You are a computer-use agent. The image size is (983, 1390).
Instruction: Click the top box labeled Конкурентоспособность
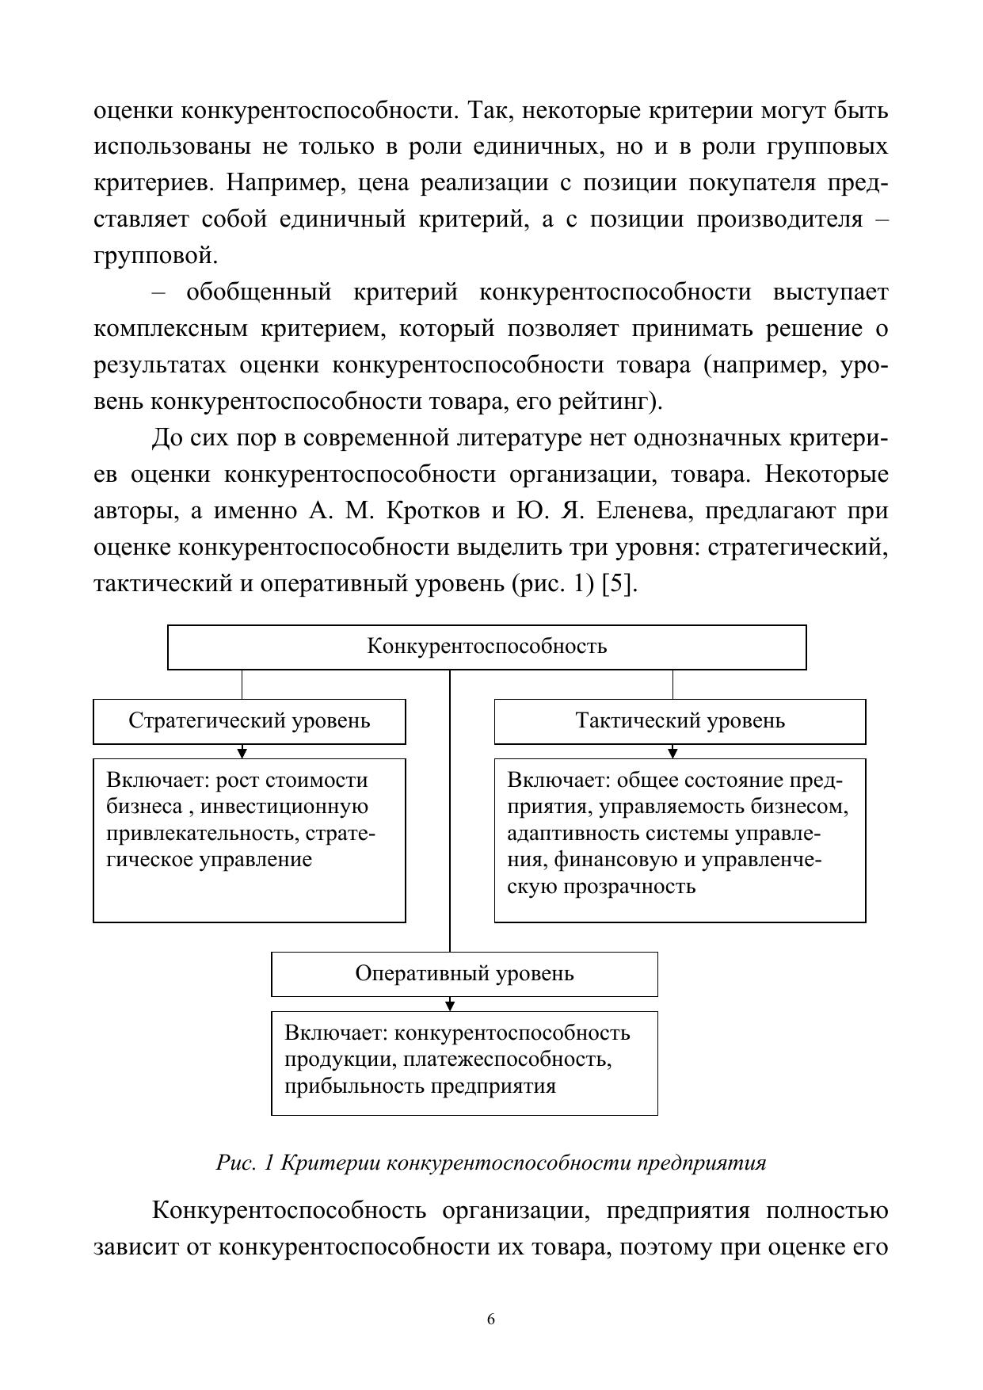tap(486, 647)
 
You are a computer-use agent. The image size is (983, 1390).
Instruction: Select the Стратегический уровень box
tap(249, 721)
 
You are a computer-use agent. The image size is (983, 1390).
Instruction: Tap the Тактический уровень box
tap(680, 721)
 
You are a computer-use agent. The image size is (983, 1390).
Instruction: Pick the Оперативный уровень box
tap(464, 974)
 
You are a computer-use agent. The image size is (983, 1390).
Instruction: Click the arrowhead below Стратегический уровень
tap(242, 752)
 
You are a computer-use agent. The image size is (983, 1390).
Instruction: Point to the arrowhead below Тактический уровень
tap(672, 752)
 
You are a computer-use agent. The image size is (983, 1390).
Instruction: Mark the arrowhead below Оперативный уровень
tap(450, 1005)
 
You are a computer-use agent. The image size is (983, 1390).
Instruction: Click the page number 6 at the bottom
tap(491, 1319)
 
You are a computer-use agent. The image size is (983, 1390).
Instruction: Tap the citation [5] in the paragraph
tap(619, 584)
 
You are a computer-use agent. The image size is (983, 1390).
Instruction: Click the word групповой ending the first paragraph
tap(154, 256)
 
